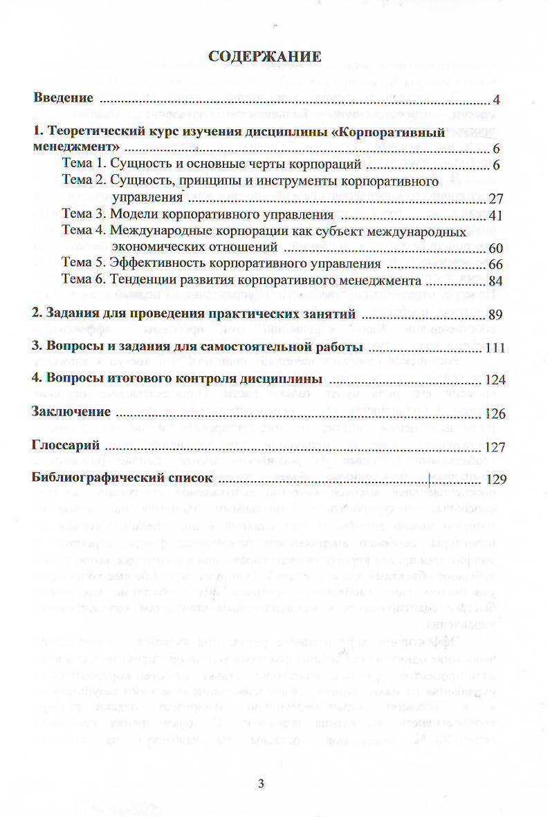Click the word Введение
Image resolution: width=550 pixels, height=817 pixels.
(x=64, y=97)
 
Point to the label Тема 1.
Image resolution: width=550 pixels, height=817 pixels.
(x=83, y=165)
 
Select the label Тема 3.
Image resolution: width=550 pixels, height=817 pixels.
(x=84, y=214)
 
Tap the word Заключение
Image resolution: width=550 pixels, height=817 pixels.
(x=71, y=412)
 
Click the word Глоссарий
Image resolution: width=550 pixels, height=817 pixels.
(x=66, y=445)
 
